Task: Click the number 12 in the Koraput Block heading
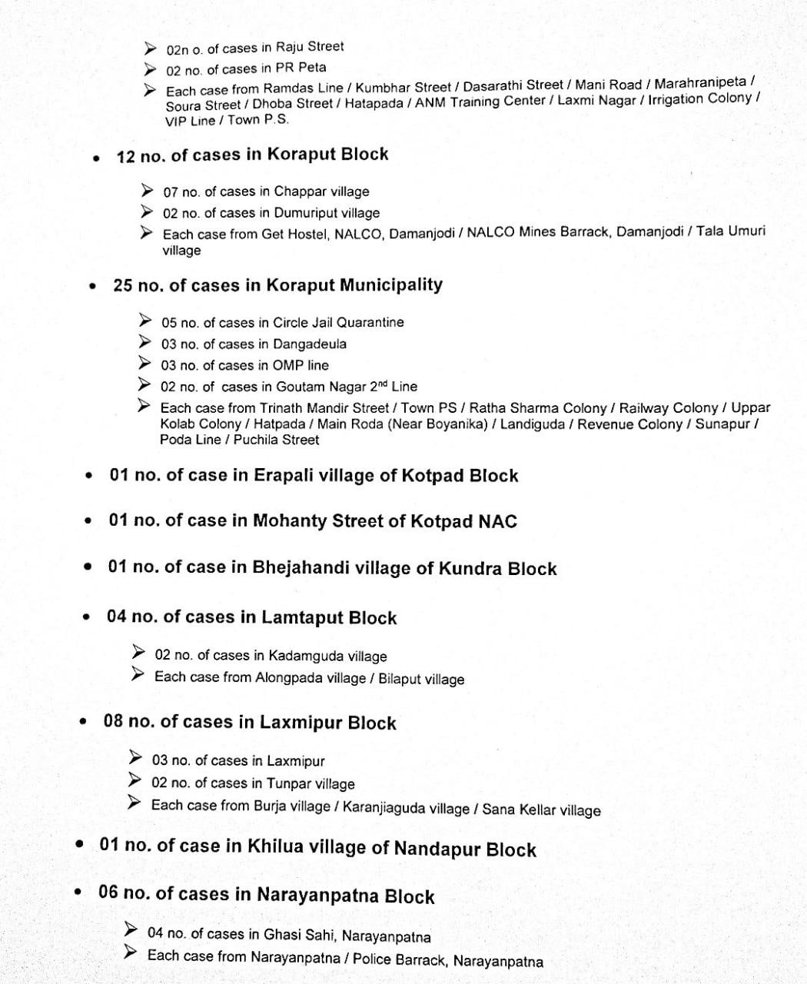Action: pyautogui.click(x=126, y=157)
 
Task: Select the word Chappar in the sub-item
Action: pyautogui.click(x=301, y=191)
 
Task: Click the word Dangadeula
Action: pyautogui.click(x=310, y=344)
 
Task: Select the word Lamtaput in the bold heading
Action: pyautogui.click(x=302, y=617)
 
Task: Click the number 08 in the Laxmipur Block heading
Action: pyautogui.click(x=113, y=722)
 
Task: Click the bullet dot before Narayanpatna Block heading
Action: pyautogui.click(x=78, y=893)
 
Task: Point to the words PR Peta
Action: pyautogui.click(x=301, y=68)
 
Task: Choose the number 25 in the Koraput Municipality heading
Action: pyautogui.click(x=123, y=285)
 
